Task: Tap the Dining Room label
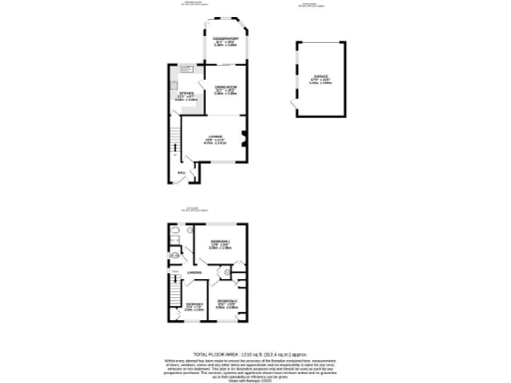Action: tap(224, 90)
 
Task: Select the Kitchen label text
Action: tap(185, 96)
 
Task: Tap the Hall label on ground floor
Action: tap(182, 172)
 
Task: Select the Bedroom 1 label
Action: tap(221, 243)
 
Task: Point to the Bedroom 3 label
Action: tap(194, 305)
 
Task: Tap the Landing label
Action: tap(195, 270)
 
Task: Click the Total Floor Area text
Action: tap(255, 353)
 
